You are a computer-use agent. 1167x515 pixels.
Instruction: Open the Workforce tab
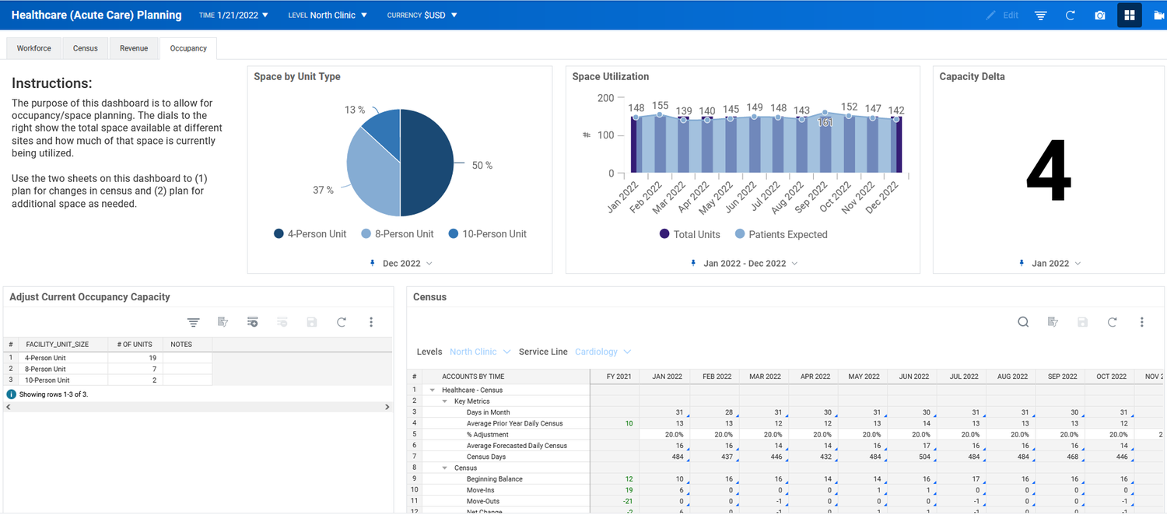tap(34, 48)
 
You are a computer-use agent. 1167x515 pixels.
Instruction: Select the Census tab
tap(86, 48)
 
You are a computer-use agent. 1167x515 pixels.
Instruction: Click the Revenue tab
tap(134, 48)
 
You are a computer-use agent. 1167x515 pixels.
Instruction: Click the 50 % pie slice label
tap(482, 166)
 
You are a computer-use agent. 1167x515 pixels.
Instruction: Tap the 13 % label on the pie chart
tap(355, 110)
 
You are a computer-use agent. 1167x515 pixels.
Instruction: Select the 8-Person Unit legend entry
tap(398, 234)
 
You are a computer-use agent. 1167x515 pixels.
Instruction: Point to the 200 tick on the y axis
tap(605, 98)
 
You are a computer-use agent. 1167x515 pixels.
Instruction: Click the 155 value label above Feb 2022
tap(660, 106)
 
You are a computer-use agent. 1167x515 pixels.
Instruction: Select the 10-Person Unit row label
tap(47, 380)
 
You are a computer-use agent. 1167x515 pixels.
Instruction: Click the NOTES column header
tap(181, 344)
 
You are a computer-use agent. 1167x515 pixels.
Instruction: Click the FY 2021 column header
tap(619, 377)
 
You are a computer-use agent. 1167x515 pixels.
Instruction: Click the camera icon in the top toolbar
tap(1099, 16)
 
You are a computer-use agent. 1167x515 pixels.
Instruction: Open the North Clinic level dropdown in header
tap(338, 16)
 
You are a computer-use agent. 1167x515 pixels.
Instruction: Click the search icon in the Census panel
tap(1023, 322)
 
